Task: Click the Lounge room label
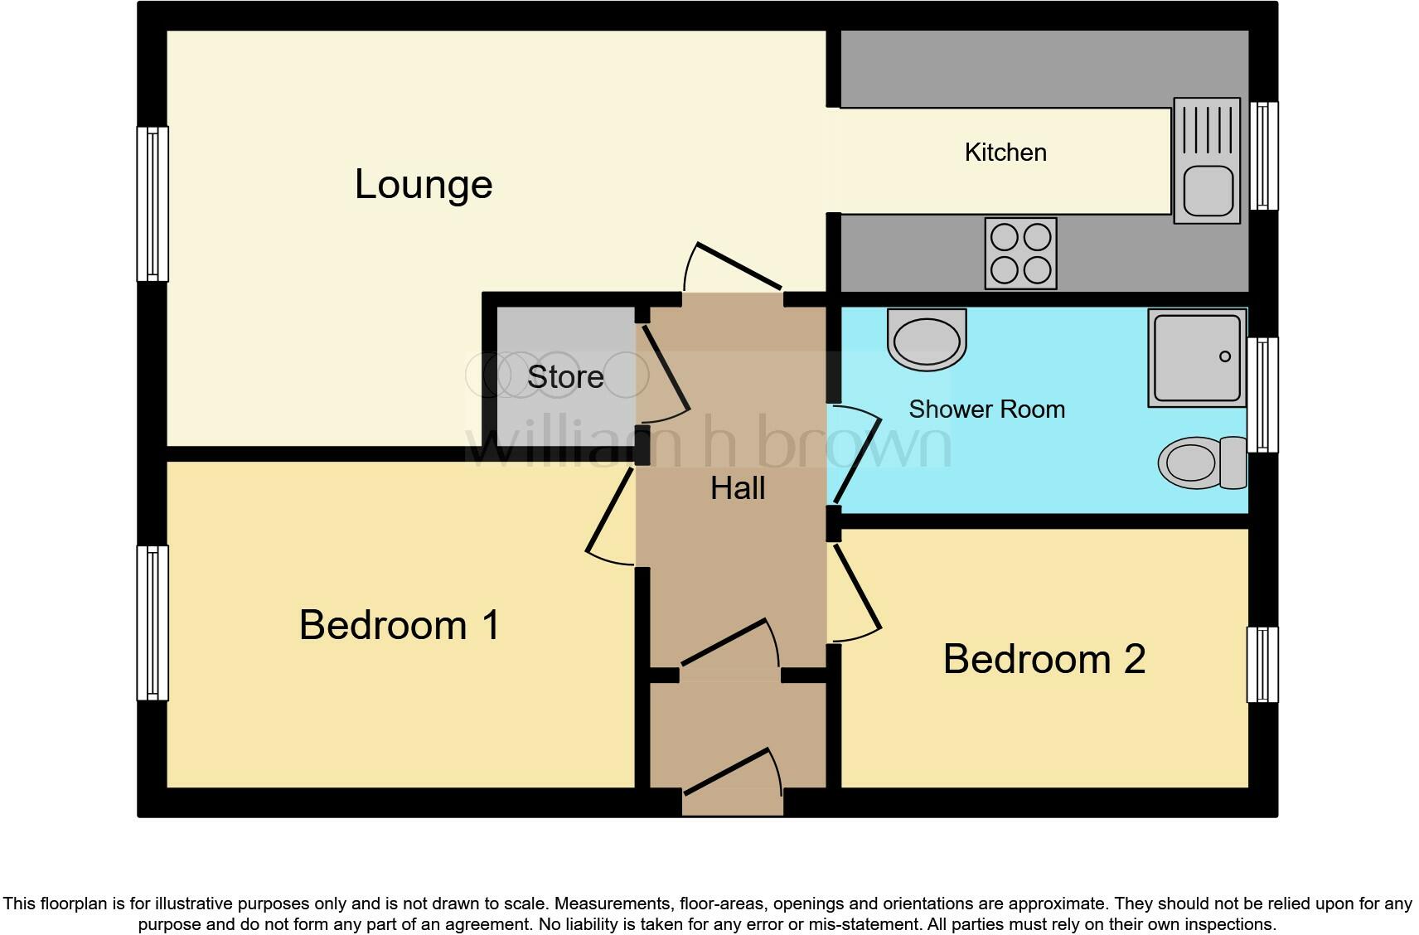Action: click(424, 184)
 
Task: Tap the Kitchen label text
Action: click(1005, 153)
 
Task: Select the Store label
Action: click(565, 377)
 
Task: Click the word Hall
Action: click(738, 489)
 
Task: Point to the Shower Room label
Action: click(986, 409)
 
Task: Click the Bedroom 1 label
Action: click(400, 625)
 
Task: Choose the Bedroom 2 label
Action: click(1044, 660)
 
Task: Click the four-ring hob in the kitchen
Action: click(1020, 254)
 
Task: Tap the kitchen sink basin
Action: click(1207, 190)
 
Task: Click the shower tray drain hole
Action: click(1224, 357)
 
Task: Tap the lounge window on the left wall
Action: click(153, 204)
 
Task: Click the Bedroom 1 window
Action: click(153, 623)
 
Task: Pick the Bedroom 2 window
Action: click(1262, 665)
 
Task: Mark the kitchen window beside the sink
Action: click(1263, 156)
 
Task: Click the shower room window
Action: click(1263, 395)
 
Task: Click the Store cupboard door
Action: click(663, 371)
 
